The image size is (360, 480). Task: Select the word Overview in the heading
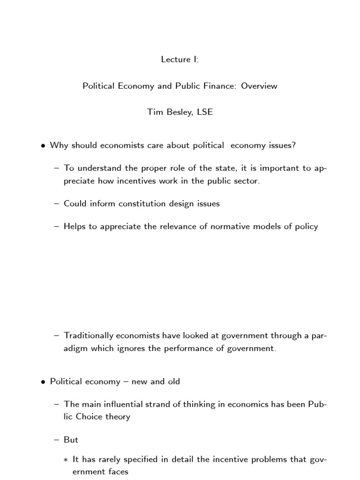pos(259,86)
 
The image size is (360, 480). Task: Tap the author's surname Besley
pos(183,112)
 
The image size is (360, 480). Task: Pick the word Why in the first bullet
pos(58,145)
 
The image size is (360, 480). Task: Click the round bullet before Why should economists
pos(43,146)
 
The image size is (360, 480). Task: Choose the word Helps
pos(75,226)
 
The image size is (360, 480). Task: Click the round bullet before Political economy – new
pos(43,382)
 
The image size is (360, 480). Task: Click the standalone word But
pos(71,440)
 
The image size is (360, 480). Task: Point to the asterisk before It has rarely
pos(66,460)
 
